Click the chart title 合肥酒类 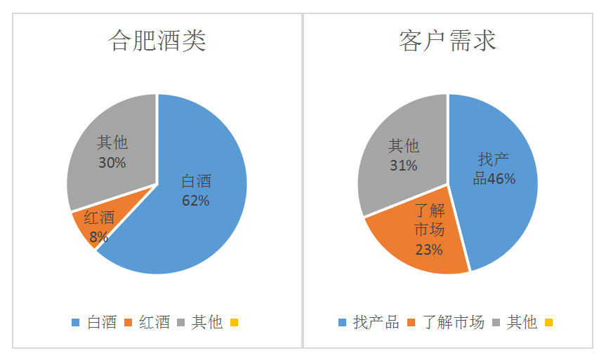(x=157, y=41)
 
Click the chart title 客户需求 (x=447, y=41)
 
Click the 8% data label (x=99, y=236)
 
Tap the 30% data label (x=112, y=163)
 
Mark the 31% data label (x=404, y=166)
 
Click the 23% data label (x=428, y=250)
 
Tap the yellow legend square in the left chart (x=234, y=323)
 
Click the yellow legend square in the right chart (x=549, y=323)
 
